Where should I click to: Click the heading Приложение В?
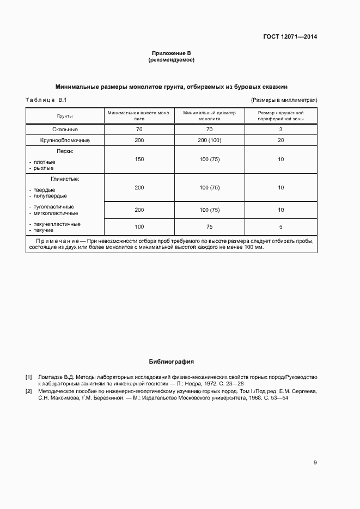coord(172,53)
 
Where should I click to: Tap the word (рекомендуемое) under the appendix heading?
coord(172,60)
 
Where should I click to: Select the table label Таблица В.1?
coord(46,100)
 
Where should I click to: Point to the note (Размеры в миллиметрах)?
coord(284,100)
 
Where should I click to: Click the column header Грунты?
coord(65,116)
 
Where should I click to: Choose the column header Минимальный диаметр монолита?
coord(209,116)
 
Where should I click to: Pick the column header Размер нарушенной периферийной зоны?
coord(280,116)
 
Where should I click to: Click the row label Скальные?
coord(65,130)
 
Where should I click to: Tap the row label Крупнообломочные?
coord(65,140)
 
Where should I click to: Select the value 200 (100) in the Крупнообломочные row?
coord(209,140)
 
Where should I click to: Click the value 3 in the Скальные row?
coord(280,130)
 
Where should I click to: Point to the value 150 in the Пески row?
coord(139,159)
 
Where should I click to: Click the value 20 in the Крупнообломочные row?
coord(280,140)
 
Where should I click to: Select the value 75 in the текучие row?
coord(209,226)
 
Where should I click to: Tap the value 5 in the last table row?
coord(280,226)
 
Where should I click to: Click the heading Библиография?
coord(172,361)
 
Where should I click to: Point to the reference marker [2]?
coord(29,391)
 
